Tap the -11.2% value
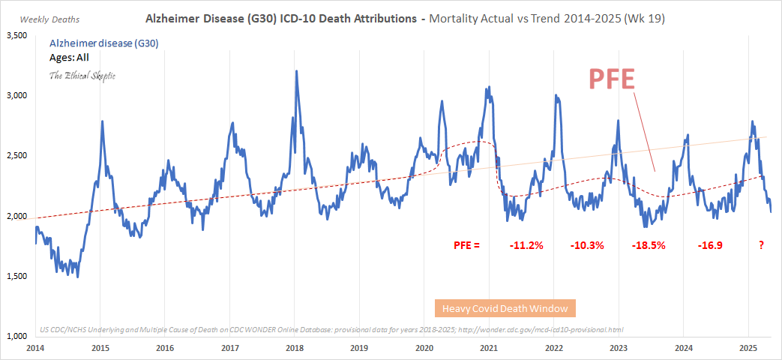(528, 245)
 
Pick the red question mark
(761, 245)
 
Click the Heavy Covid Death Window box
(505, 308)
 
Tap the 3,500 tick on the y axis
(16, 35)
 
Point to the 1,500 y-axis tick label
(16, 277)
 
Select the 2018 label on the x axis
(295, 348)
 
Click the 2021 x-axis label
(489, 348)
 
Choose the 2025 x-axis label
(748, 348)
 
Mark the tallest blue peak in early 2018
(296, 72)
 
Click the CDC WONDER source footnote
(330, 329)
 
